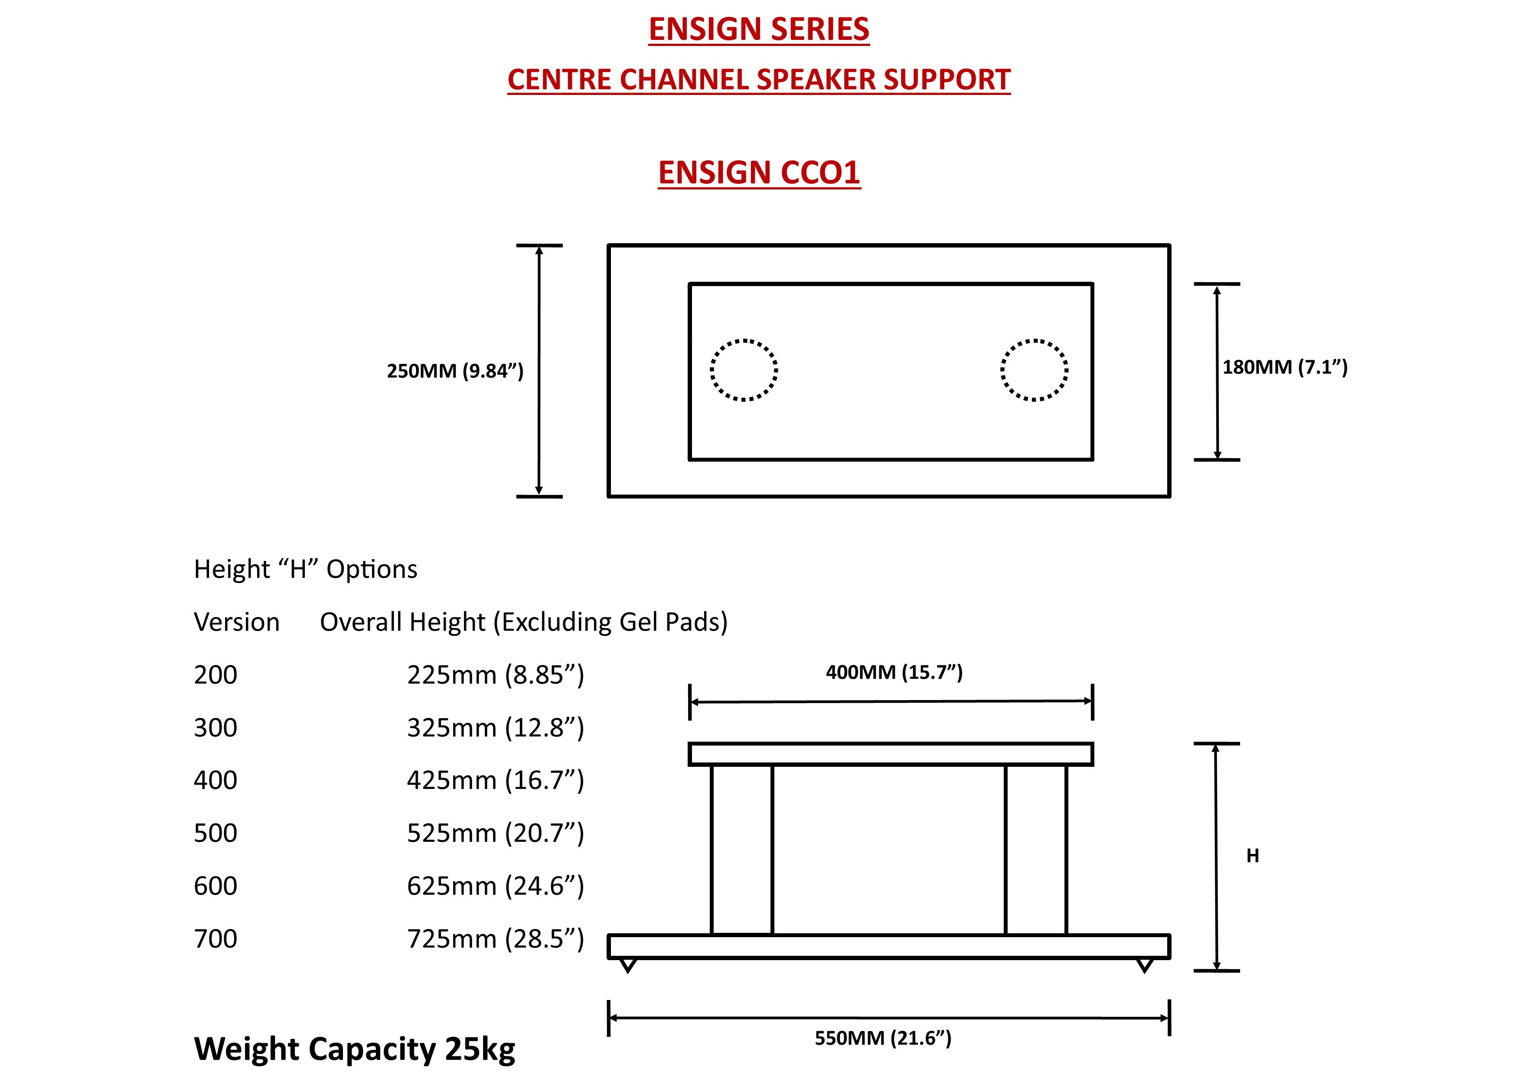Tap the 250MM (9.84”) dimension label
tap(455, 371)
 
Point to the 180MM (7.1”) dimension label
tap(1285, 367)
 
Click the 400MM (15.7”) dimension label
tap(894, 672)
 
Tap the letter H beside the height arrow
tap(1252, 856)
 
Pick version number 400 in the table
tap(215, 780)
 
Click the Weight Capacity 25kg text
tap(354, 1049)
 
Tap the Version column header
tap(236, 622)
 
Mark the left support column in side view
tap(742, 850)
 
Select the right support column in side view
tap(1036, 850)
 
